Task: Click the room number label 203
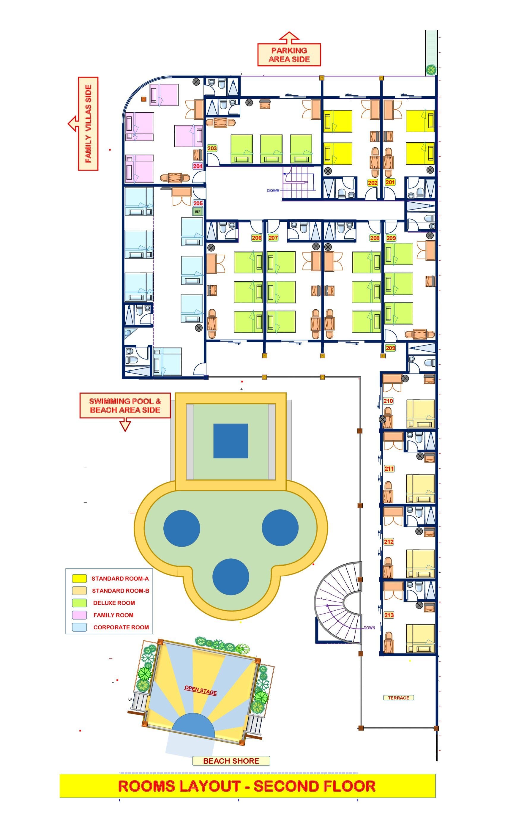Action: (212, 148)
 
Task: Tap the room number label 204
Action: (198, 166)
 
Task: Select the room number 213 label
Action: (389, 615)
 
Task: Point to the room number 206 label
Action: (257, 238)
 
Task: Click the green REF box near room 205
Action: (198, 212)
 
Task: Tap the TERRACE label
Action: (398, 698)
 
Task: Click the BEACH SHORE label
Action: (231, 761)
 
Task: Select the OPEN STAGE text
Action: (201, 690)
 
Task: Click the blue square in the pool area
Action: (231, 441)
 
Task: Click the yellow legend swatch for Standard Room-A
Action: (79, 579)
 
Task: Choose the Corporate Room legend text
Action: (121, 627)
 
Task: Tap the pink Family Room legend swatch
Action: (79, 615)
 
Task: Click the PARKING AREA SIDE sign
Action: (289, 55)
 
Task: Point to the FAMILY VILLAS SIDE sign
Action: (88, 124)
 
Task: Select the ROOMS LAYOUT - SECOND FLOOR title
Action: (247, 786)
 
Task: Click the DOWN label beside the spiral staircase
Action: (369, 628)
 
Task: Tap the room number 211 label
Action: (389, 469)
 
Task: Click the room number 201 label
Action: (390, 182)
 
